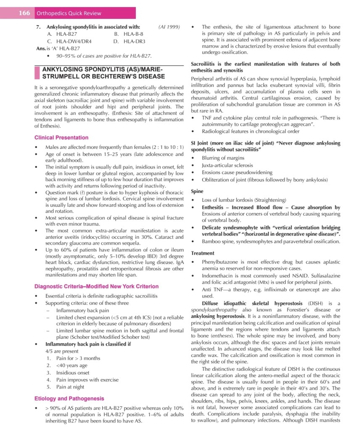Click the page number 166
(x=24, y=13)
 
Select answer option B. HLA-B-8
(x=129, y=34)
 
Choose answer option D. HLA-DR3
(x=129, y=41)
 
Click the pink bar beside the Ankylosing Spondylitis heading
(x=37, y=72)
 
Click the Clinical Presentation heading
(x=61, y=137)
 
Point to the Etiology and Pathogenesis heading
(x=69, y=398)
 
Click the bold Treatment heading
(x=203, y=253)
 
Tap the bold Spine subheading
(x=197, y=191)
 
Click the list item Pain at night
(x=70, y=387)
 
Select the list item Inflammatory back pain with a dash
(x=82, y=311)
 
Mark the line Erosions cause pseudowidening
(x=237, y=172)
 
